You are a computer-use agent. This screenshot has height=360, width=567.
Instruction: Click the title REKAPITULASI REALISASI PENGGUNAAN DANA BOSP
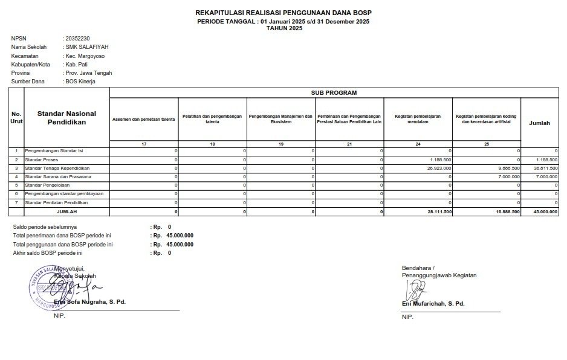(x=283, y=13)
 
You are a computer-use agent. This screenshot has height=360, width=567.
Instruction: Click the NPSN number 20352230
(x=77, y=39)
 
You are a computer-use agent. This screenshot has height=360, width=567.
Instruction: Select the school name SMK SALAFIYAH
(x=88, y=47)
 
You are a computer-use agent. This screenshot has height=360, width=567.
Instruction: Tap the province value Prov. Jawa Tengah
(x=89, y=73)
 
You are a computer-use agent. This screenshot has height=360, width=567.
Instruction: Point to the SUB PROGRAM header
(x=334, y=93)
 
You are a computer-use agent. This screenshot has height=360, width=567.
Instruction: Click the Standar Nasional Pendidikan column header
(x=66, y=117)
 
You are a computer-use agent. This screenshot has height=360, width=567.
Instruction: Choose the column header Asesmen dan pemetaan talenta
(x=144, y=120)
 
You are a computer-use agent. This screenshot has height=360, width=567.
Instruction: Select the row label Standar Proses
(x=43, y=159)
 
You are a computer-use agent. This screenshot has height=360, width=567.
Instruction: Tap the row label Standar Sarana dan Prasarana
(x=57, y=176)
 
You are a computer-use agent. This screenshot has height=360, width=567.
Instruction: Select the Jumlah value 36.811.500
(x=545, y=168)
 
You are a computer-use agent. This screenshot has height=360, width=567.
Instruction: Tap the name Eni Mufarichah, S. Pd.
(x=433, y=304)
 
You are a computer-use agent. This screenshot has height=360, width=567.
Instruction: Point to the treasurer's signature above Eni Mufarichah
(x=416, y=291)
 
